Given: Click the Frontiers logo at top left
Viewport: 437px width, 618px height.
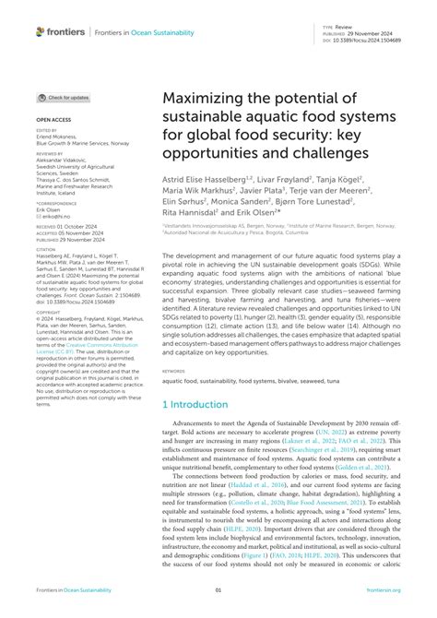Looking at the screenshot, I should pyautogui.click(x=60, y=31).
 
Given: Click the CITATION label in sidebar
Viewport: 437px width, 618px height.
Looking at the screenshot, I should pyautogui.click(x=45, y=248).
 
